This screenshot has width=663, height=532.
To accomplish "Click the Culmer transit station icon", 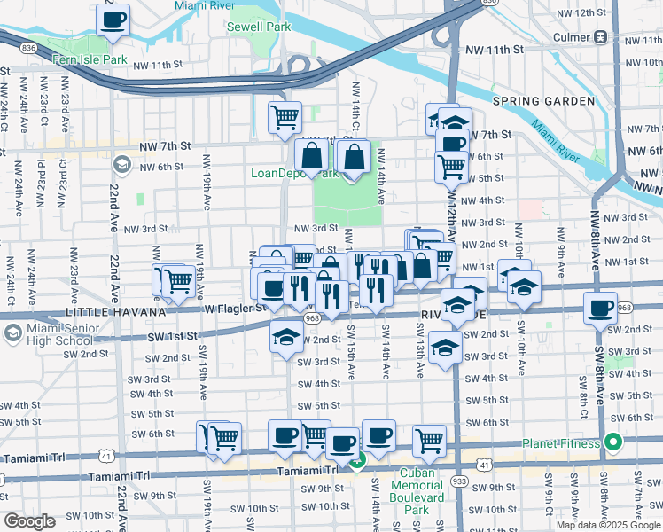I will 601,37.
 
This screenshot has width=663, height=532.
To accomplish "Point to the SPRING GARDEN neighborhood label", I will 543,101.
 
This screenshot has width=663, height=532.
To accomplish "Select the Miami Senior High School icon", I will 12,332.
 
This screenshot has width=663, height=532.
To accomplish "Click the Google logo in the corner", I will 29,521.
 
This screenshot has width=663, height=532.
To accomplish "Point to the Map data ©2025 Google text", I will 607,525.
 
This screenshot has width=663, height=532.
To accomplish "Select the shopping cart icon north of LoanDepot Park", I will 285,116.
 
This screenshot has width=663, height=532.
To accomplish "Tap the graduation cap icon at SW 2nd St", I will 285,337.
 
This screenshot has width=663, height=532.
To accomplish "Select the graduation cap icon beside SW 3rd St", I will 444,347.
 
